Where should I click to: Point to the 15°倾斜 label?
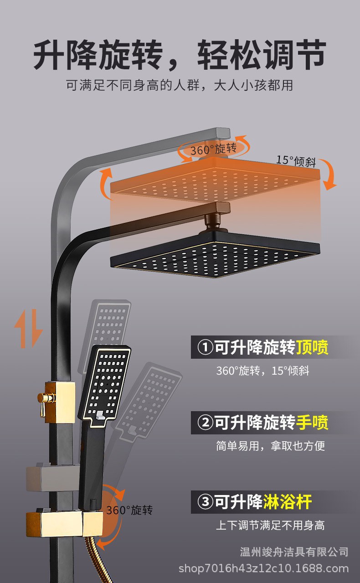tap(296, 160)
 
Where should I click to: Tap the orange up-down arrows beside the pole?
tap(28, 328)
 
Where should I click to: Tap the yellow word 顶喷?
tap(312, 347)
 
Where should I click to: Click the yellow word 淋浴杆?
tap(288, 502)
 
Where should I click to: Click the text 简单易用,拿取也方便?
tap(270, 446)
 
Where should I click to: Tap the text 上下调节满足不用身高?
tap(270, 525)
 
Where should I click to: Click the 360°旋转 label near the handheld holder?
tap(129, 510)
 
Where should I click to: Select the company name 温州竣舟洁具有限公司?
tap(294, 552)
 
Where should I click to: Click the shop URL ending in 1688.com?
tap(263, 568)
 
